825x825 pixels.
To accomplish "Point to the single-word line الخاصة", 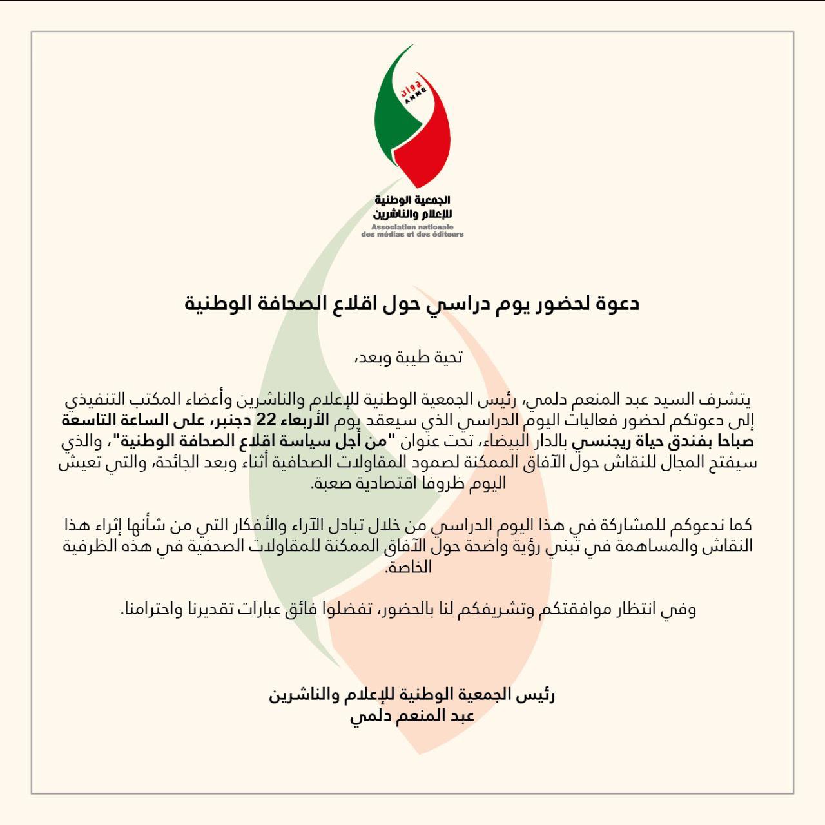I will (409, 568).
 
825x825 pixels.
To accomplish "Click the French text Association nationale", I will (413, 228).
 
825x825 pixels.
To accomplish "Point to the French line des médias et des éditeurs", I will (412, 235).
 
